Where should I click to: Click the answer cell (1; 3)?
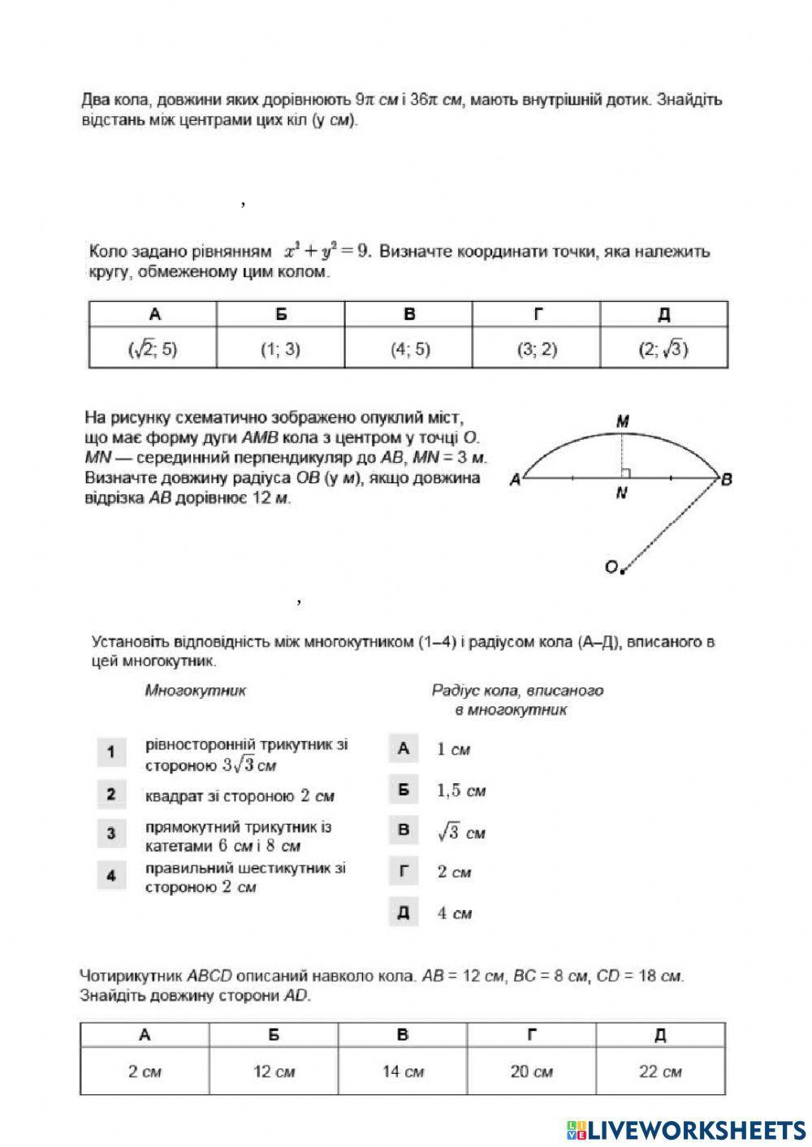point(280,349)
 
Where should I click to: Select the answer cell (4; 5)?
point(408,349)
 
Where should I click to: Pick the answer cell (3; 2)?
point(537,349)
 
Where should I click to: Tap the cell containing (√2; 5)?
point(153,349)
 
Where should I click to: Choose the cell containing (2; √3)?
point(663,349)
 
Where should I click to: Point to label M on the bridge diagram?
point(623,421)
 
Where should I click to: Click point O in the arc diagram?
point(612,567)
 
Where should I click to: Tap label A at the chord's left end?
point(514,480)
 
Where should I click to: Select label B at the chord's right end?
point(727,480)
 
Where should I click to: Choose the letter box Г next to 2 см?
point(404,872)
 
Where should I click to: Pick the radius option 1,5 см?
point(461,790)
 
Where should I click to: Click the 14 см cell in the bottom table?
point(403,1072)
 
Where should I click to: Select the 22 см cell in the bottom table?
point(660,1072)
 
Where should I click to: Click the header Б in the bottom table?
point(274,1035)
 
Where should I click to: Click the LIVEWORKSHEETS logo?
point(686,1130)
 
